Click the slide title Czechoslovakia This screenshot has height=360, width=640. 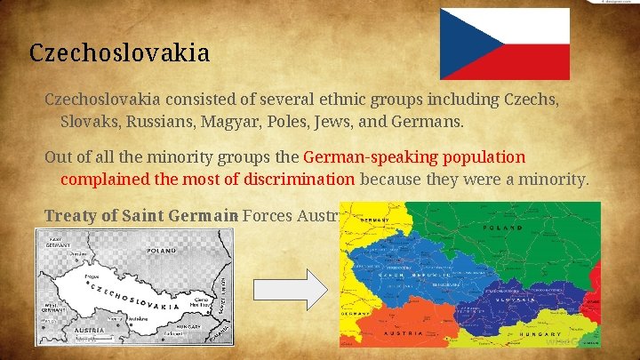pyautogui.click(x=119, y=53)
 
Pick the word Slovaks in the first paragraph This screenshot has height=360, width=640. pyautogui.click(x=86, y=119)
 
